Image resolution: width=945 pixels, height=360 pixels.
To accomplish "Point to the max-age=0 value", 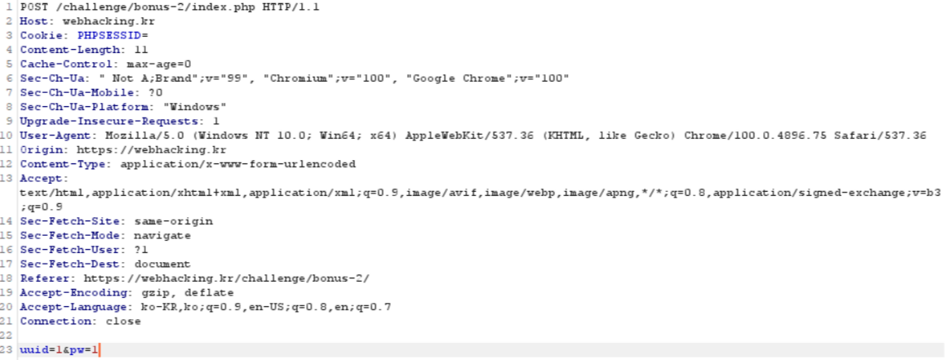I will click(158, 64).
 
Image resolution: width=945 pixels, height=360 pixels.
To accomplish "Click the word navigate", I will click(162, 235).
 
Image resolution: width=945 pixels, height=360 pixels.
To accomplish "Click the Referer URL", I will click(226, 278).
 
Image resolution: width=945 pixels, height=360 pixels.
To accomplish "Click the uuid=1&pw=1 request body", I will click(59, 350).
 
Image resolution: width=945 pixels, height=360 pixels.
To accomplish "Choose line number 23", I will click(8, 350).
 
